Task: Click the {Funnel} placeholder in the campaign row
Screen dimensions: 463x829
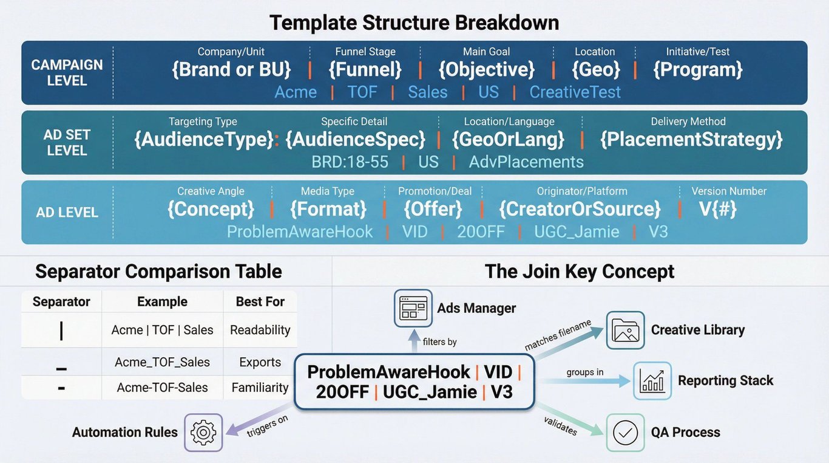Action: click(x=365, y=70)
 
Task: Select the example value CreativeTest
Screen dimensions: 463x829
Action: click(x=575, y=92)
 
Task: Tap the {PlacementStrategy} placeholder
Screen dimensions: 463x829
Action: click(x=691, y=140)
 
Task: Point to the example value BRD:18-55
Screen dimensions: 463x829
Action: click(x=350, y=162)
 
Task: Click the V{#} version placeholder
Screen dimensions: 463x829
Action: click(x=719, y=209)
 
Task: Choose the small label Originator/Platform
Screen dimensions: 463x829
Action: click(x=581, y=191)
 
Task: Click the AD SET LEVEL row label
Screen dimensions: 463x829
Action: click(x=67, y=142)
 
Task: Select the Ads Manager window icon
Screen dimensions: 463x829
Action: click(x=413, y=308)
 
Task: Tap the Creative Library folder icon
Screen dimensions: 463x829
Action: click(x=625, y=330)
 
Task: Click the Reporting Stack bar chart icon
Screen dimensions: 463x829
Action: click(x=652, y=381)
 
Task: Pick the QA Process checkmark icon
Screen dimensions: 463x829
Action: click(x=625, y=432)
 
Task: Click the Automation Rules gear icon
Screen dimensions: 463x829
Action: click(x=203, y=432)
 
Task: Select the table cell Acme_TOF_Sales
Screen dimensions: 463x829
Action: click(x=162, y=362)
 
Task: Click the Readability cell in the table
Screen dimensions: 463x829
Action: click(x=260, y=330)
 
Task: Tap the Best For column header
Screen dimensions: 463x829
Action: click(x=260, y=302)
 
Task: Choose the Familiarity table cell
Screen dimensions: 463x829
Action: click(x=260, y=388)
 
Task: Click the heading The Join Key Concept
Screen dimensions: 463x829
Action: click(x=580, y=272)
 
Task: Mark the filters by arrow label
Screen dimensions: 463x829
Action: click(x=440, y=342)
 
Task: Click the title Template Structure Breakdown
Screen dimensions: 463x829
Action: click(x=414, y=22)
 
